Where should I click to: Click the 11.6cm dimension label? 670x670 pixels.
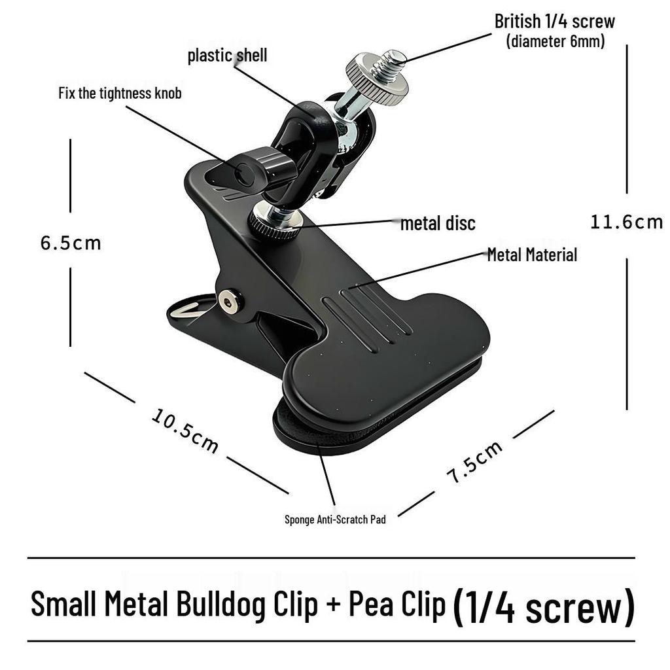click(626, 222)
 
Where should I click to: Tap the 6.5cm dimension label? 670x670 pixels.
click(71, 243)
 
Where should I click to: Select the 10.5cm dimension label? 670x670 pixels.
click(185, 431)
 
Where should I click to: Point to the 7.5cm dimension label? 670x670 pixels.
click(474, 462)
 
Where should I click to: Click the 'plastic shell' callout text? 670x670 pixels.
click(227, 56)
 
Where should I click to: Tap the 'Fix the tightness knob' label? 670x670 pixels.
click(120, 93)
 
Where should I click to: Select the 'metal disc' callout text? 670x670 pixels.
click(438, 223)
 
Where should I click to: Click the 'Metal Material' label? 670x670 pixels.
click(532, 255)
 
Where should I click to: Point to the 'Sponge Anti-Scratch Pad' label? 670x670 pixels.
click(335, 520)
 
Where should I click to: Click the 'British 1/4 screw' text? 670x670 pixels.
click(555, 22)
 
